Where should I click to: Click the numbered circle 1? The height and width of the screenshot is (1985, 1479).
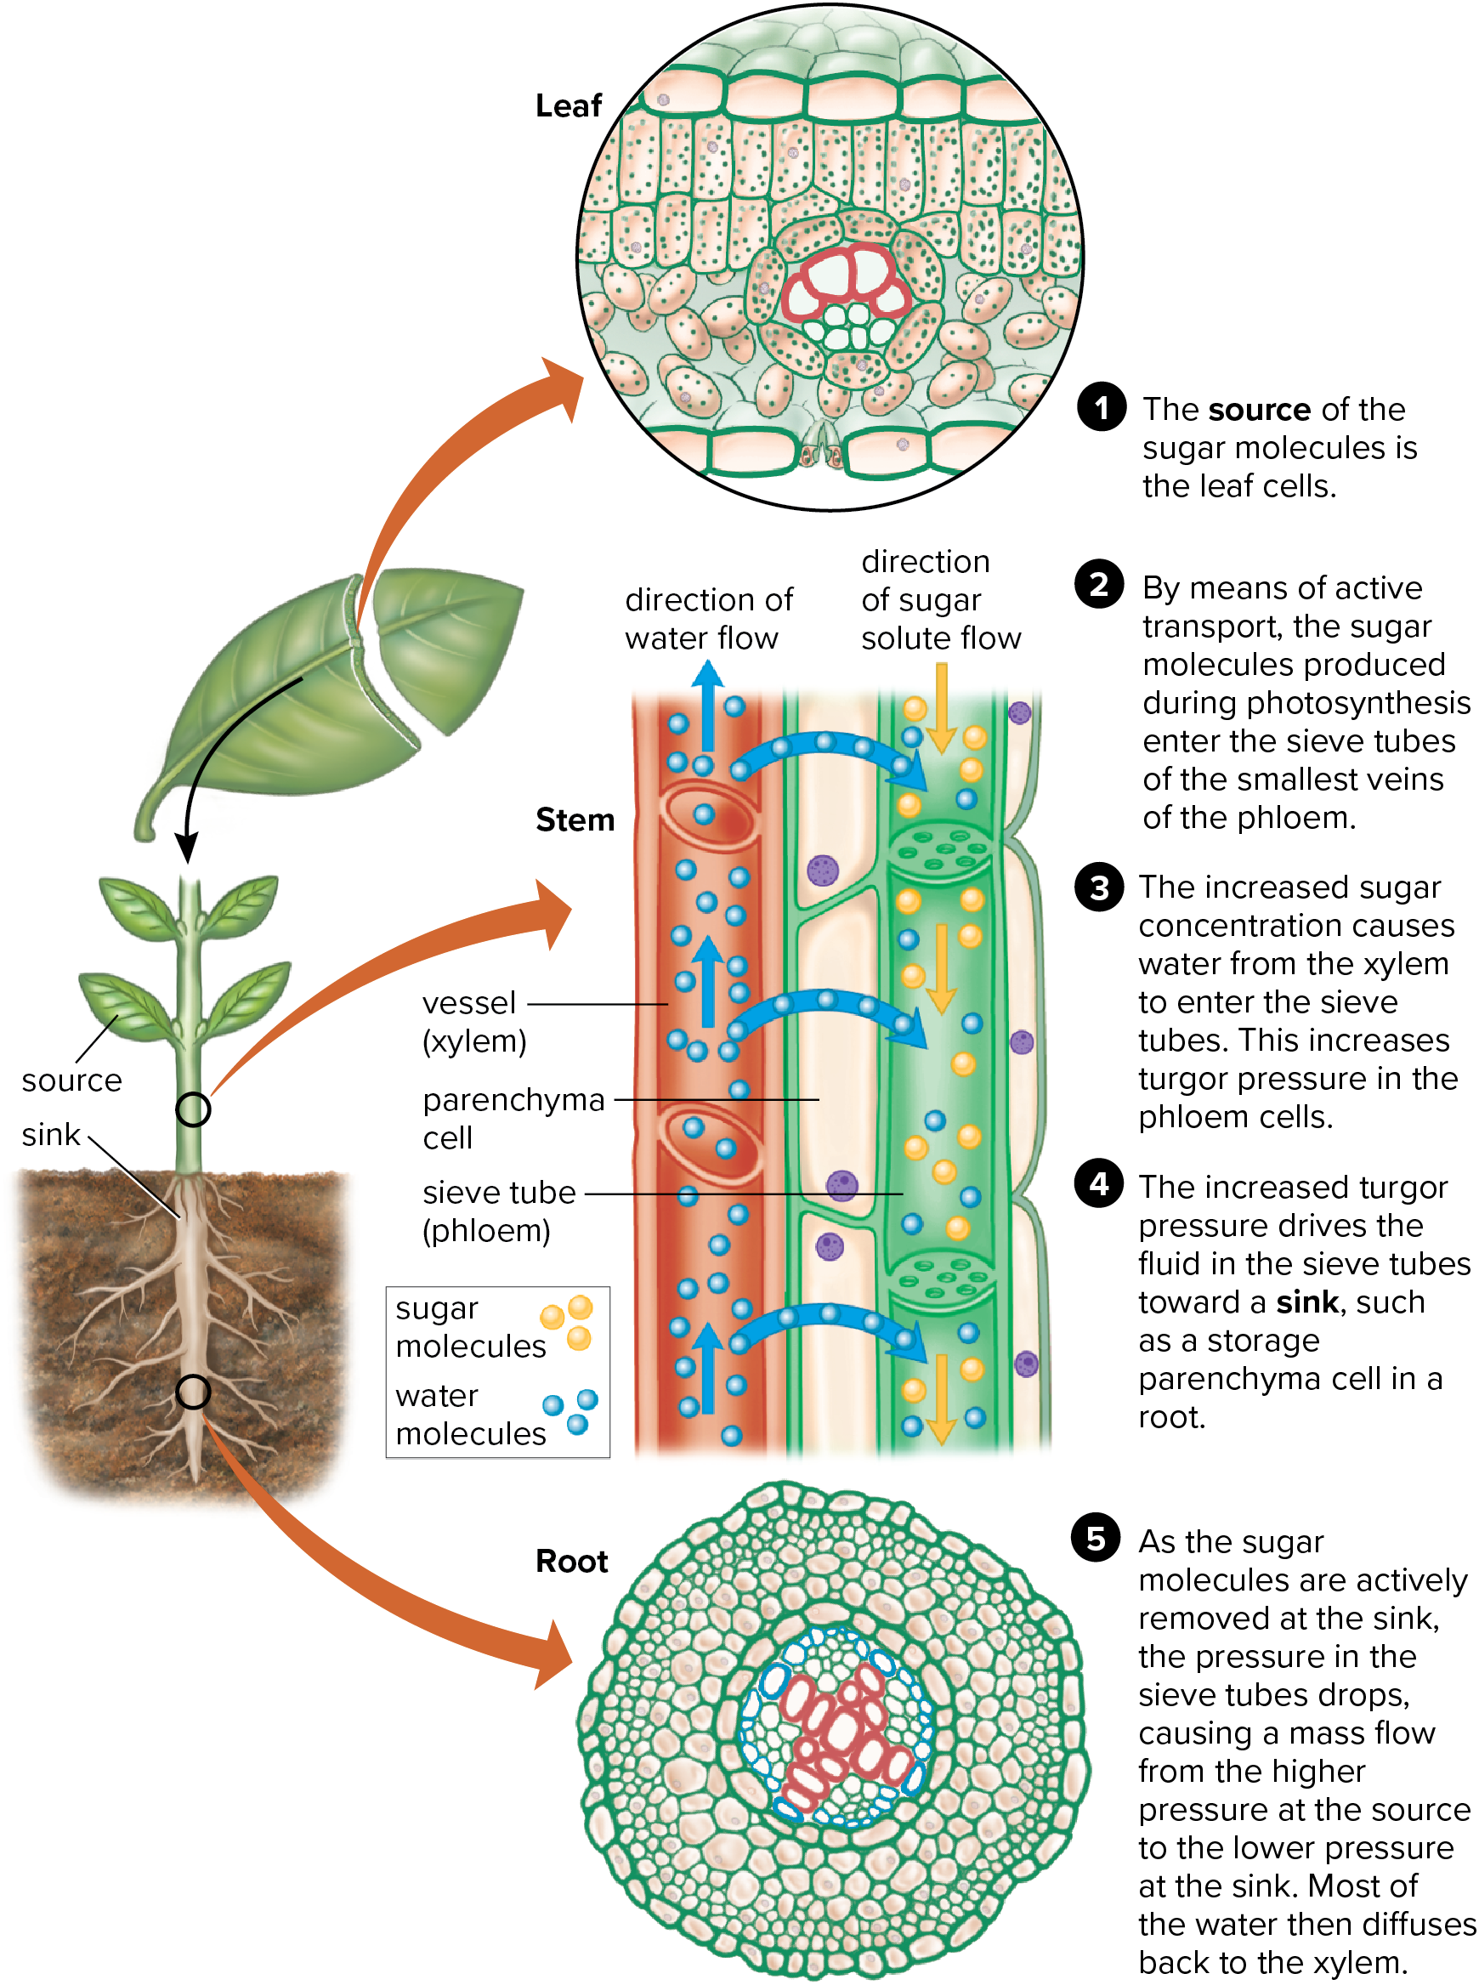[1099, 408]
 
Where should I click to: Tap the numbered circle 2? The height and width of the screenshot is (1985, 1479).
[1097, 584]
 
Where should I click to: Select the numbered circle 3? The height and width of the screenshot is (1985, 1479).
[1097, 888]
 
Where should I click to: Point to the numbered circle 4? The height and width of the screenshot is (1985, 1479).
[1097, 1183]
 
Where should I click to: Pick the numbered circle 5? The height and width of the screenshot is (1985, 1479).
[1095, 1538]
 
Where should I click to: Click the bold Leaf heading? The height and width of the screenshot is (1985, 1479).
[568, 105]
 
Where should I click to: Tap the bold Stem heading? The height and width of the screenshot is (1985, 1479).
[575, 820]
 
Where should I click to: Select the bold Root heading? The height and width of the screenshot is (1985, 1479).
[571, 1561]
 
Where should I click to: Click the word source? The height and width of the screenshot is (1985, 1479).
[71, 1080]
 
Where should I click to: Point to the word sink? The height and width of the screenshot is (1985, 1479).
[51, 1134]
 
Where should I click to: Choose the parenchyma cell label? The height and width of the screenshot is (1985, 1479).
[513, 1117]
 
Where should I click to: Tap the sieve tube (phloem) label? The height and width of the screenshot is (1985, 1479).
[498, 1211]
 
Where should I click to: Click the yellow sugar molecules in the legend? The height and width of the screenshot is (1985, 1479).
[569, 1322]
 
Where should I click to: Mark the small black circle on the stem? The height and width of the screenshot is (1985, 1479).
[192, 1109]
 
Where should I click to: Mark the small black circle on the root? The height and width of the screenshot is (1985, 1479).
[192, 1392]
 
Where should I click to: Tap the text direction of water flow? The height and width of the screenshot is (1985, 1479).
[707, 618]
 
